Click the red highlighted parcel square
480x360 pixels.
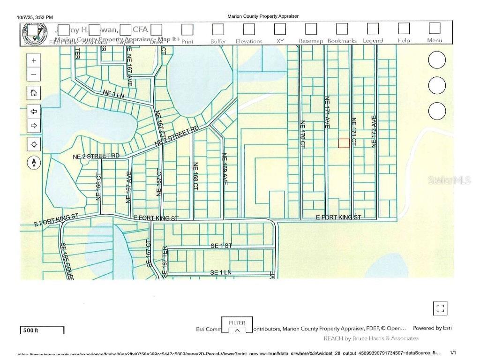(344, 143)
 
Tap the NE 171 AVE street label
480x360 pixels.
(327, 112)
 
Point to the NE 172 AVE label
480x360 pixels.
(374, 132)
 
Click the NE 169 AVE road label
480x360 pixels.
(225, 168)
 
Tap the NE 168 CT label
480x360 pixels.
(195, 176)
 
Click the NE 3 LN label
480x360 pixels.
(113, 94)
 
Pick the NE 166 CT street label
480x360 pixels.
(99, 187)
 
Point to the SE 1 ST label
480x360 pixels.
(221, 246)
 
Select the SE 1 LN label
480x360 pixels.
(221, 272)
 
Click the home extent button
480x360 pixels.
(34, 92)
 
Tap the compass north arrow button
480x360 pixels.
(34, 163)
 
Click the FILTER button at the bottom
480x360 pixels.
(237, 325)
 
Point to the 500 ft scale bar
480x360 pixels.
(42, 330)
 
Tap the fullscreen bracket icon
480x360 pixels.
(440, 308)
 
